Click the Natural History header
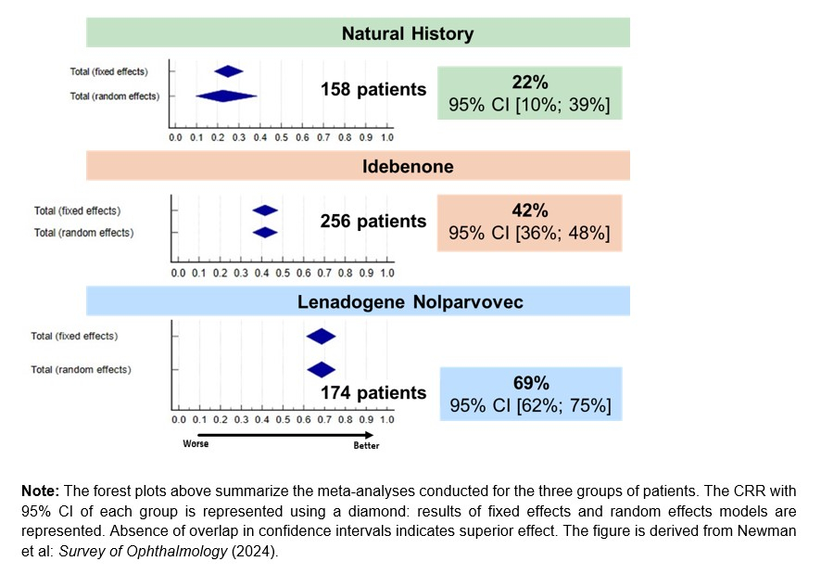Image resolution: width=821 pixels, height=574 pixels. (407, 33)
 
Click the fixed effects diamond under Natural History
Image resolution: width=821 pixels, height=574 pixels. (229, 71)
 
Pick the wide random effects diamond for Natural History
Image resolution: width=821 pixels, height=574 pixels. (226, 96)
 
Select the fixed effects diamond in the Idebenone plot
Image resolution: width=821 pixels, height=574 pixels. (265, 211)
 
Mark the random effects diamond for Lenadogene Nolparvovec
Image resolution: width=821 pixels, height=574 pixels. (321, 369)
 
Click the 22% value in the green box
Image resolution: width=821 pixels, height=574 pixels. (529, 83)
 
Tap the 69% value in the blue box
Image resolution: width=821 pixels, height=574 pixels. (531, 383)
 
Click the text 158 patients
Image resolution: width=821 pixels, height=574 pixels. (373, 90)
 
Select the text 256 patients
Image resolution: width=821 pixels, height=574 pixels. (373, 222)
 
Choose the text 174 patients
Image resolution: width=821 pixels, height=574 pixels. (373, 393)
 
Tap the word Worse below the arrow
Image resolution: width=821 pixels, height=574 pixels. (196, 444)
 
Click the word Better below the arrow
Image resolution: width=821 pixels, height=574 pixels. (366, 445)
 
